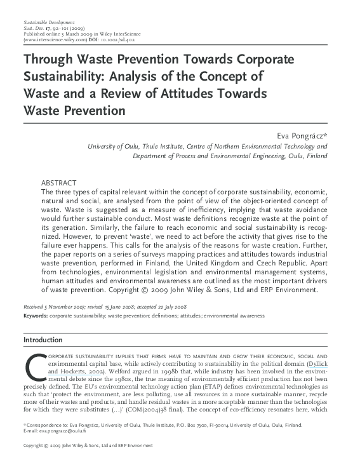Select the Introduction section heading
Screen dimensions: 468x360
[x=43, y=340]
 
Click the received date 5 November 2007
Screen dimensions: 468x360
[x=65, y=306]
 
